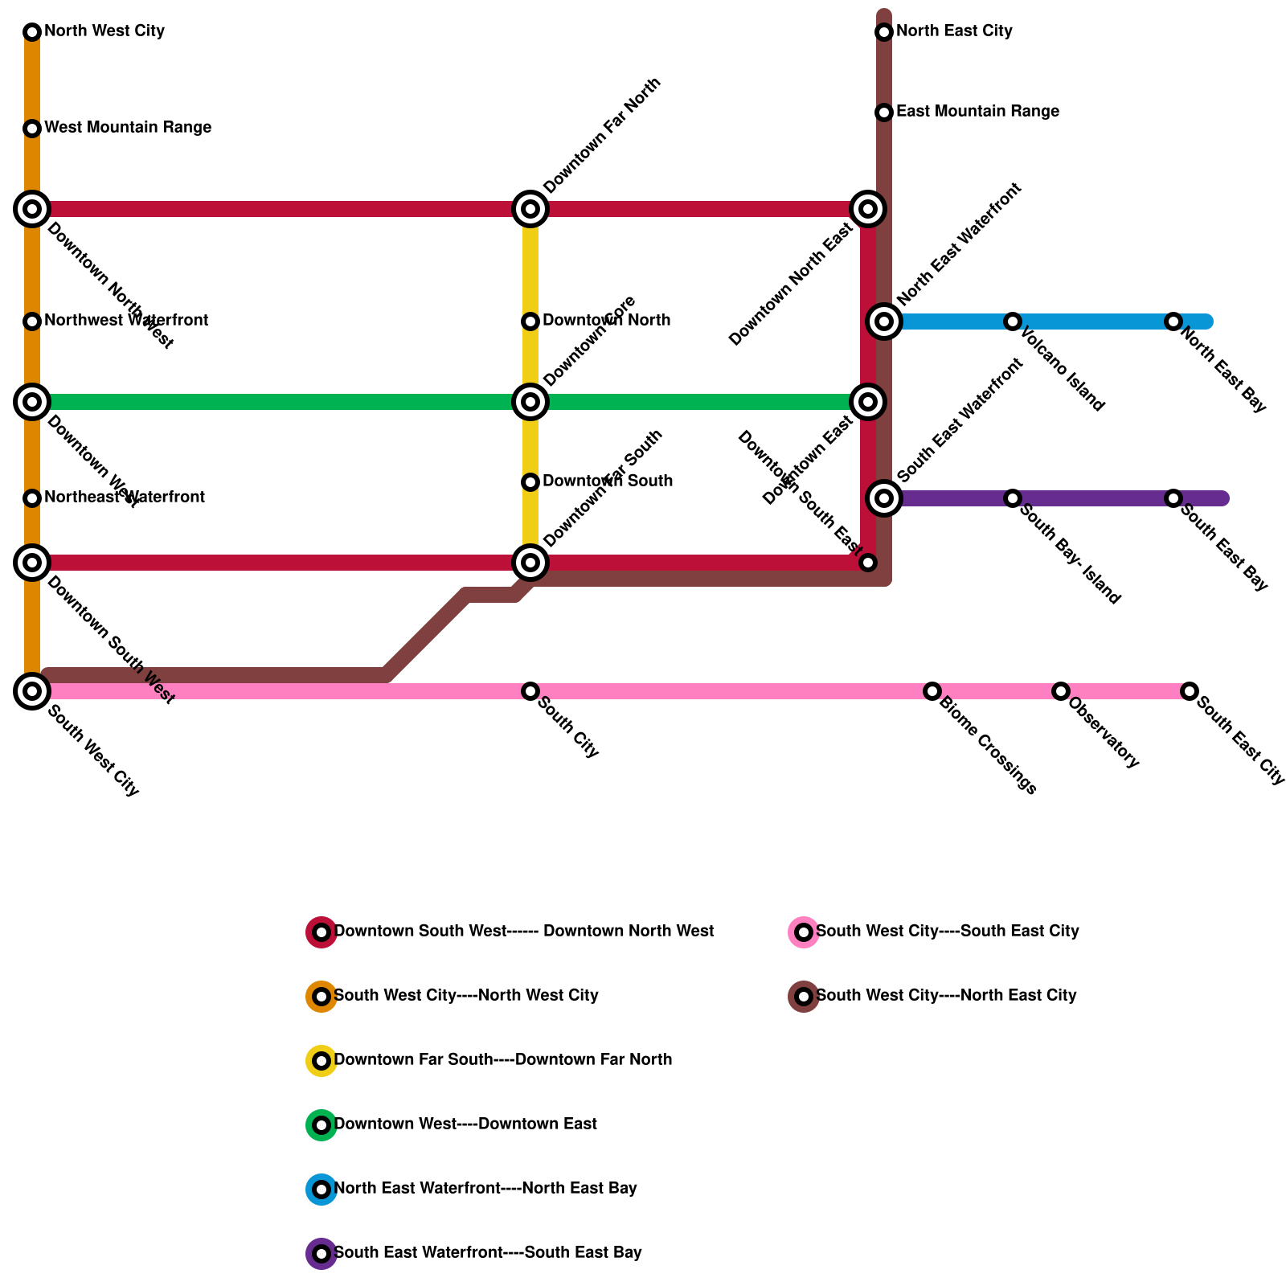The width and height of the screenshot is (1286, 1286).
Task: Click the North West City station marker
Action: click(x=32, y=32)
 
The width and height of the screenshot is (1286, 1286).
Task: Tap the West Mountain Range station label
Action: click(x=128, y=128)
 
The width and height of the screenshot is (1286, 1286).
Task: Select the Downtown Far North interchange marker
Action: click(x=530, y=209)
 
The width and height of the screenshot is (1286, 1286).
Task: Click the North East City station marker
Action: click(x=884, y=32)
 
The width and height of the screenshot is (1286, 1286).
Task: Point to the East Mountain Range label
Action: click(x=977, y=112)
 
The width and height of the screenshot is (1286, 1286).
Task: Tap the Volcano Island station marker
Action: click(x=1013, y=321)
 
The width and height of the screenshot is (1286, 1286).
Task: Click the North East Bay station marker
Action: click(x=1173, y=321)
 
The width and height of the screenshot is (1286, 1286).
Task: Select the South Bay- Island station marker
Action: click(x=1013, y=498)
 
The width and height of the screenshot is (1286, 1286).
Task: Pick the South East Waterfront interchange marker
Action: click(x=884, y=498)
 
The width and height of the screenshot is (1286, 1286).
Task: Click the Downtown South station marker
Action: click(x=530, y=482)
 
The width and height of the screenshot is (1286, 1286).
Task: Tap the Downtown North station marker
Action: click(x=530, y=321)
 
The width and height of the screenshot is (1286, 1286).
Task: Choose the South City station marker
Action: click(x=530, y=691)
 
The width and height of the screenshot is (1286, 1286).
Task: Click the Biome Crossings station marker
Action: click(x=932, y=691)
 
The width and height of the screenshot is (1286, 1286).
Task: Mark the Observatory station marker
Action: click(x=1061, y=691)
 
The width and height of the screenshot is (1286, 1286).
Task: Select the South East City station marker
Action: click(x=1190, y=691)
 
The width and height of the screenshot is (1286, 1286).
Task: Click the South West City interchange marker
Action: click(x=32, y=690)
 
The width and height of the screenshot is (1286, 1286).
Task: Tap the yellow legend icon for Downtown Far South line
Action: click(x=321, y=1061)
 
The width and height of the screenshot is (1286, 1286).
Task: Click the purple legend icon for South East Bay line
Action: click(x=321, y=1254)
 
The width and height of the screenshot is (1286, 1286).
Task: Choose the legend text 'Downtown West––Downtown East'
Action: click(x=465, y=1124)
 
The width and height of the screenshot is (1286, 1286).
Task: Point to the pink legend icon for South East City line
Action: click(x=804, y=932)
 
